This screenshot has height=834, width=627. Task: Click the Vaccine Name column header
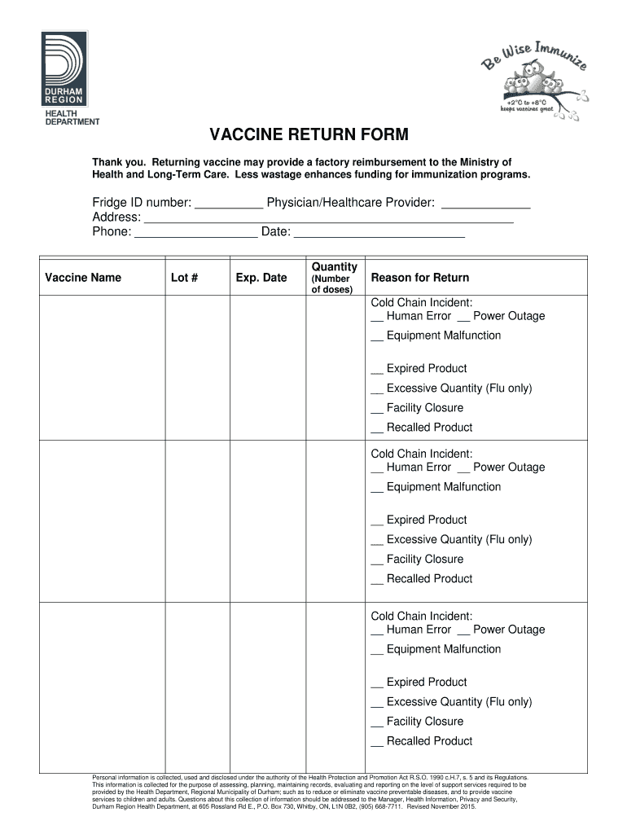click(83, 278)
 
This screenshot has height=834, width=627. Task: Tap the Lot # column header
click(185, 278)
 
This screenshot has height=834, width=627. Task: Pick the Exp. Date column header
click(261, 278)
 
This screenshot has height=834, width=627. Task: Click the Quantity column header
click(334, 267)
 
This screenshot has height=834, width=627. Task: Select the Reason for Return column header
click(420, 278)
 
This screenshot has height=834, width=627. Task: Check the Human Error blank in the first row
click(377, 318)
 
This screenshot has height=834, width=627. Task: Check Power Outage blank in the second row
click(463, 470)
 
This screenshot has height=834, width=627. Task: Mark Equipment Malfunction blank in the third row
click(377, 652)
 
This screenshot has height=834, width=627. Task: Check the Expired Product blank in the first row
click(377, 371)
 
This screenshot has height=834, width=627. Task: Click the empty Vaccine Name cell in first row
click(103, 367)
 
